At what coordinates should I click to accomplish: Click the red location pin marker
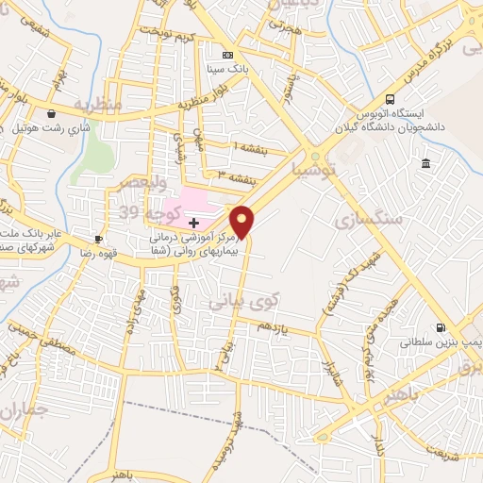tap(243, 222)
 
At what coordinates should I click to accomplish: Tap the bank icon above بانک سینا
tap(226, 55)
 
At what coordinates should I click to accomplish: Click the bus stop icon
tap(390, 100)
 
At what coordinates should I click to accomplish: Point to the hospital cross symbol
tap(194, 223)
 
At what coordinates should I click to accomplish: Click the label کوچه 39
tap(142, 212)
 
